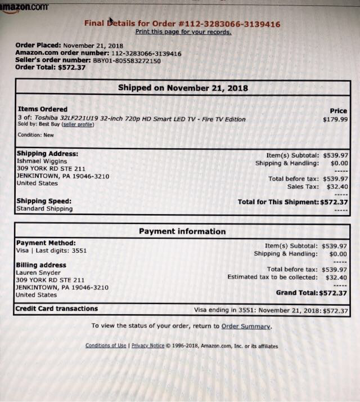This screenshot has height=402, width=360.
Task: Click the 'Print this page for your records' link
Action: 183,32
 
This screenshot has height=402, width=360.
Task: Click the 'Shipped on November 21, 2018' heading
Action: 183,88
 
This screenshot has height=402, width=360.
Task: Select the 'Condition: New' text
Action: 36,135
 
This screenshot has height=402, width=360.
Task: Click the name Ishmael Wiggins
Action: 42,160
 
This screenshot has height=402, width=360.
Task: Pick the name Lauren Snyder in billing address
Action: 39,273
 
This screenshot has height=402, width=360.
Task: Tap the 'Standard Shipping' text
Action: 44,209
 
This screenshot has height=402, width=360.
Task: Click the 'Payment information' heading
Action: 182,231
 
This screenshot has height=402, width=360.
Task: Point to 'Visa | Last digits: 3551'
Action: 51,251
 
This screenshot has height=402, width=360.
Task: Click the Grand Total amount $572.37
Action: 333,293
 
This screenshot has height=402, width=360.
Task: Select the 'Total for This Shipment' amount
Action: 334,202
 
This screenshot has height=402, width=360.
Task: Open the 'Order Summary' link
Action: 246,326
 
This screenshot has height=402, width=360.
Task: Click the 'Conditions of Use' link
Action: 106,346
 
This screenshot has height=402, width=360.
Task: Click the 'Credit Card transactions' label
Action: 56,309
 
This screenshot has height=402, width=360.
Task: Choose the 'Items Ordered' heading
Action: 43,109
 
